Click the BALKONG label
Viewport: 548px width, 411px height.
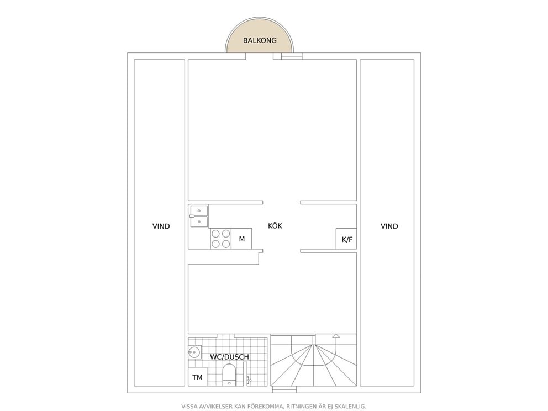pos(260,40)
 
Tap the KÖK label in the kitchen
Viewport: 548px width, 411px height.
pos(275,226)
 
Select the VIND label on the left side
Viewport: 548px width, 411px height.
pos(161,226)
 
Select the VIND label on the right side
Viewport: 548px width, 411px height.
pos(389,226)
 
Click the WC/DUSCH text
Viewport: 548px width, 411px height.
pos(229,357)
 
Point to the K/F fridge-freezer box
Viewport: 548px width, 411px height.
pos(346,239)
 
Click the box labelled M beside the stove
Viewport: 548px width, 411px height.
pos(241,239)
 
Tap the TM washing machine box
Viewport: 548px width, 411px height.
pos(197,377)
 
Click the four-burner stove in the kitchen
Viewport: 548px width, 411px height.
pos(221,239)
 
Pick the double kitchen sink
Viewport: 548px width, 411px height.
pos(199,217)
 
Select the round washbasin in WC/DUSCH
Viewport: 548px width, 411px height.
pos(194,352)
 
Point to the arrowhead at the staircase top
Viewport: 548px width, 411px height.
pos(336,336)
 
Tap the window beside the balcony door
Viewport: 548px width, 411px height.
pos(292,56)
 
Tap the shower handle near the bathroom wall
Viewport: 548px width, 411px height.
pos(249,380)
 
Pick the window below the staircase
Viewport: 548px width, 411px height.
pos(284,389)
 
